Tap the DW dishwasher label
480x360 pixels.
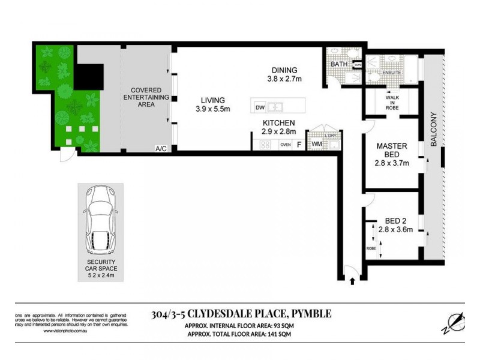(260, 108)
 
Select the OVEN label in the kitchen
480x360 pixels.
(286, 144)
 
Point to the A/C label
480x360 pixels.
(160, 148)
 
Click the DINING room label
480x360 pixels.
(284, 69)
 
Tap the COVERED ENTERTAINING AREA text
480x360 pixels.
(142, 97)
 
